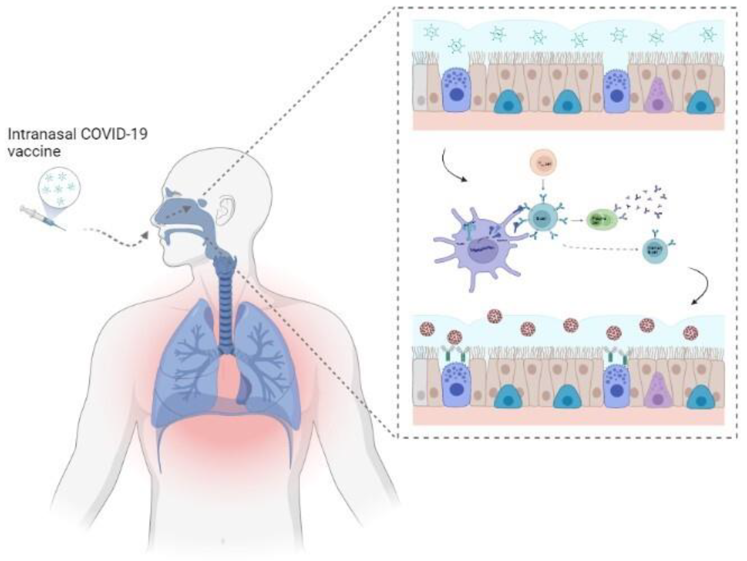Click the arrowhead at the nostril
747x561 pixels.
coord(145,236)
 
